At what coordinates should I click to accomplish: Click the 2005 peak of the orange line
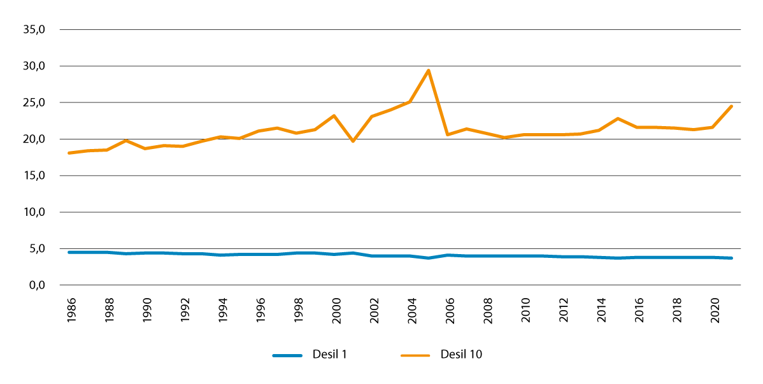click(x=429, y=70)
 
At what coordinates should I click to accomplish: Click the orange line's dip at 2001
click(x=353, y=141)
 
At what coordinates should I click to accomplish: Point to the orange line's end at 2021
click(x=732, y=106)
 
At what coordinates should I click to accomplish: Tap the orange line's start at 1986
click(x=69, y=153)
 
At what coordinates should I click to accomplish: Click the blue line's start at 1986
click(x=69, y=252)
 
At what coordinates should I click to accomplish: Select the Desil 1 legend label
click(x=330, y=355)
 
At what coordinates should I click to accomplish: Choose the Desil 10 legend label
click(x=462, y=355)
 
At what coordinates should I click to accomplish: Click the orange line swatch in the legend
click(x=415, y=355)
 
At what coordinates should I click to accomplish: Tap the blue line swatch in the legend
click(x=287, y=355)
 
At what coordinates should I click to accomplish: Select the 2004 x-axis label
click(x=411, y=312)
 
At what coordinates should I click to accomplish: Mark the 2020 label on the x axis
click(x=715, y=312)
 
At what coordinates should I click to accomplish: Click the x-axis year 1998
click(x=297, y=312)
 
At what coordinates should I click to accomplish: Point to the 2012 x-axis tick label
click(x=563, y=312)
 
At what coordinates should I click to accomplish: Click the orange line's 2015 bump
click(x=618, y=118)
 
